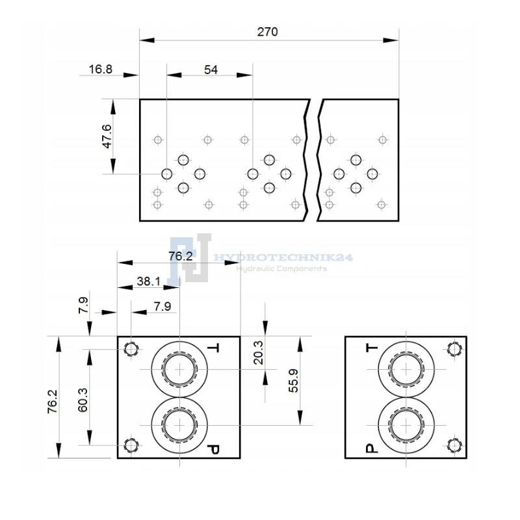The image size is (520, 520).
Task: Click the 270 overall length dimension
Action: pyautogui.click(x=267, y=32)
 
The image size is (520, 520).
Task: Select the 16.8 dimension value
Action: pyautogui.click(x=101, y=70)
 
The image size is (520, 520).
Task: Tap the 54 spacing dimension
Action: pyautogui.click(x=211, y=70)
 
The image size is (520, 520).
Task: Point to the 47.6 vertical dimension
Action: pyautogui.click(x=107, y=136)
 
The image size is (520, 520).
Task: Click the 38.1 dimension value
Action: pyautogui.click(x=149, y=281)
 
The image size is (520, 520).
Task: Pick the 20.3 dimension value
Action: pyautogui.click(x=258, y=352)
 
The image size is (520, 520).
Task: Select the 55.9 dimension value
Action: pyautogui.click(x=294, y=381)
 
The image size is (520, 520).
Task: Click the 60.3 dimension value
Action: pyautogui.click(x=83, y=400)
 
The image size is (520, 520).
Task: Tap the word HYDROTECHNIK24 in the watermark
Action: pyautogui.click(x=283, y=257)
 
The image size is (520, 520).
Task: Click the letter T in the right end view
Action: pyautogui.click(x=372, y=348)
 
